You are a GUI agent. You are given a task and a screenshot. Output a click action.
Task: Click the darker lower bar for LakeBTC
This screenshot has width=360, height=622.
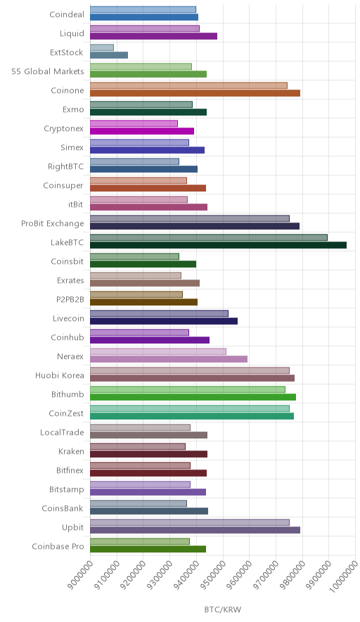tap(218, 245)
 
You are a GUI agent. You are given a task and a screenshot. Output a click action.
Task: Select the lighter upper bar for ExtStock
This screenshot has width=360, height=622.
tap(102, 48)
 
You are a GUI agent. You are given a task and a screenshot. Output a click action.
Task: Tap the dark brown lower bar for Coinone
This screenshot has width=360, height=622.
tap(195, 93)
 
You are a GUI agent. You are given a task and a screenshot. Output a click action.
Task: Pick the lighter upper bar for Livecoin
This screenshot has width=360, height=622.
tap(159, 313)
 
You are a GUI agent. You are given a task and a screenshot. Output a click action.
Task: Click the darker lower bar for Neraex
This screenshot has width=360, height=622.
tap(169, 359)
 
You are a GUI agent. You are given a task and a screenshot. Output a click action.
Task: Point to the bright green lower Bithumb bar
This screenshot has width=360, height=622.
tap(193, 397)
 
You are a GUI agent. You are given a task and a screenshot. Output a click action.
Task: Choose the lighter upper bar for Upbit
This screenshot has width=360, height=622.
tap(190, 522)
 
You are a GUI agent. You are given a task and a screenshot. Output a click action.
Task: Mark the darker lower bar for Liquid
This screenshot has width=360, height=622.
tap(153, 36)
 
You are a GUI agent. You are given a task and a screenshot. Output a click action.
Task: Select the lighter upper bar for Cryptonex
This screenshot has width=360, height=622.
tap(134, 123)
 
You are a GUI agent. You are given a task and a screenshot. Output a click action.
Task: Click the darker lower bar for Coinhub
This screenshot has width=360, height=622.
tap(150, 340)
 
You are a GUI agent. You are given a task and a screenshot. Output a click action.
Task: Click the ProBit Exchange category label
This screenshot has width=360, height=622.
tap(53, 223)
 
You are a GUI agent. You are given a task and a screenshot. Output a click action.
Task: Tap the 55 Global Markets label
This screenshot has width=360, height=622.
tap(48, 71)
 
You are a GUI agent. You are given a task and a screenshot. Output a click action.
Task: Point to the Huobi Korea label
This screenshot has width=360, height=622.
tap(60, 375)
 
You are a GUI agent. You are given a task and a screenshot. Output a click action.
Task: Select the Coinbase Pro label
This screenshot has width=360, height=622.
tap(58, 546)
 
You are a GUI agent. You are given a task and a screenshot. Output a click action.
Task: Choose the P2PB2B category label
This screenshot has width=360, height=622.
tap(70, 299)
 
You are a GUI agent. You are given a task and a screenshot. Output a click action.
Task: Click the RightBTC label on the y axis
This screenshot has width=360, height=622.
tap(66, 166)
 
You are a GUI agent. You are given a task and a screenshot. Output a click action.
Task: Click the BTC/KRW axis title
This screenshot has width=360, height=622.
tap(223, 609)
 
